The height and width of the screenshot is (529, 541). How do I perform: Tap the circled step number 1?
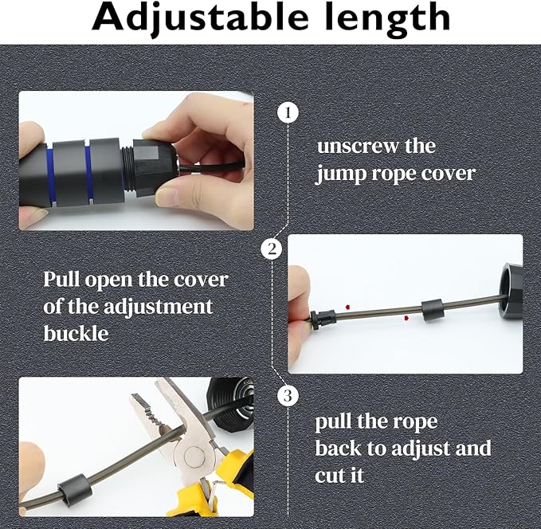288,113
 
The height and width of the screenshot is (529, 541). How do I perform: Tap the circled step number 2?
272,249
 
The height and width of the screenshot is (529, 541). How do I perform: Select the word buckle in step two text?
76,332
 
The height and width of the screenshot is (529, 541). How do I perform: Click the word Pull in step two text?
61,280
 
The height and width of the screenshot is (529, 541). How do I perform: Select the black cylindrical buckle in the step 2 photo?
432,311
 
